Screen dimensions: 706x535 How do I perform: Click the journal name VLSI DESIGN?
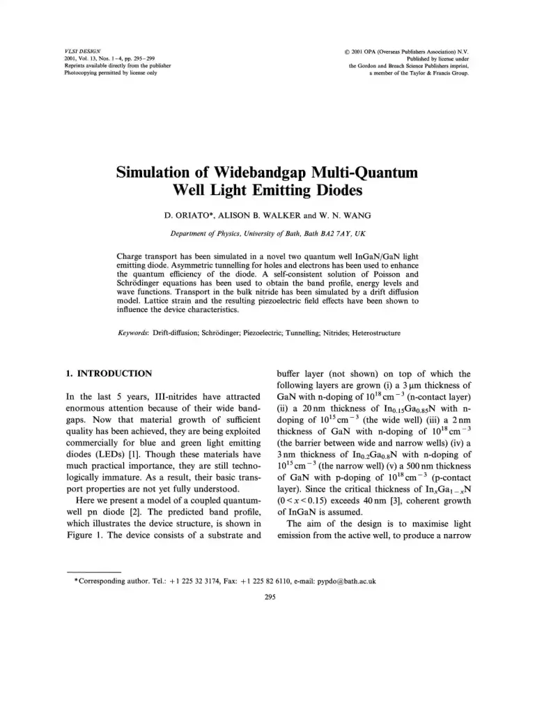pyautogui.click(x=77, y=51)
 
